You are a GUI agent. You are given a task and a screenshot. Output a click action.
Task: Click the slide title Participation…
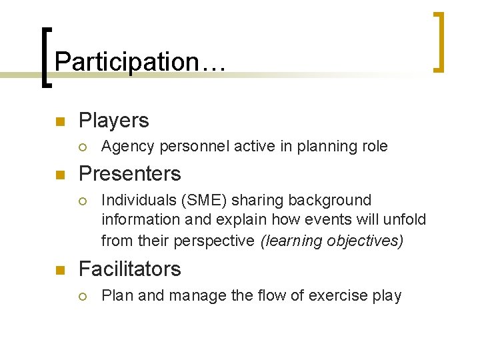(141, 62)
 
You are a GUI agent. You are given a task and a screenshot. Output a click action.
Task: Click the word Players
(113, 121)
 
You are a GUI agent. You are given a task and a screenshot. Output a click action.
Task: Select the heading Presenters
(129, 174)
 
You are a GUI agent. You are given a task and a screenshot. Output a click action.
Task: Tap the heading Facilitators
(129, 269)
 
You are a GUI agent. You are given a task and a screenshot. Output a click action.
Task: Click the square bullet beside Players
(59, 121)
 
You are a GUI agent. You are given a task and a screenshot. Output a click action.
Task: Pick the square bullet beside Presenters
(59, 175)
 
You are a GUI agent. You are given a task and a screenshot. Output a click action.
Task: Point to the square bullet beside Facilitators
(59, 270)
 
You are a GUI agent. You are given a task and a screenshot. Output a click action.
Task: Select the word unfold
(404, 219)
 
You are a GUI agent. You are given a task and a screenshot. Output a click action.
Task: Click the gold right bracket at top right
(437, 41)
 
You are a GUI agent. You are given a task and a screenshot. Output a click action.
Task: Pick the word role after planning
(373, 147)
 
